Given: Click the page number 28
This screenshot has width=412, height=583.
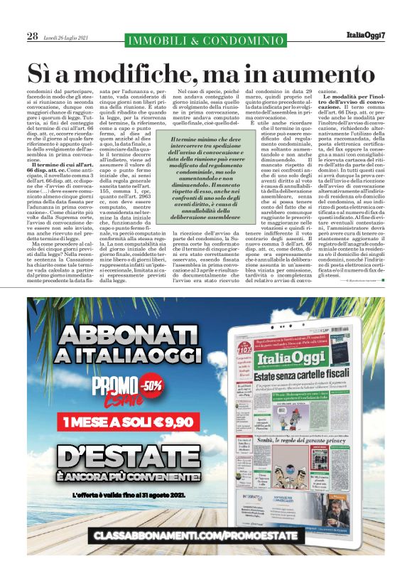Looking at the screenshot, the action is tap(32, 36).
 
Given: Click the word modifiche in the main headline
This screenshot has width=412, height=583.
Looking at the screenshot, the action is tap(142, 73).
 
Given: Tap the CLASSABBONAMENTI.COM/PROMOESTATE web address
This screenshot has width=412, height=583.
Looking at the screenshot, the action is tap(206, 552).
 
